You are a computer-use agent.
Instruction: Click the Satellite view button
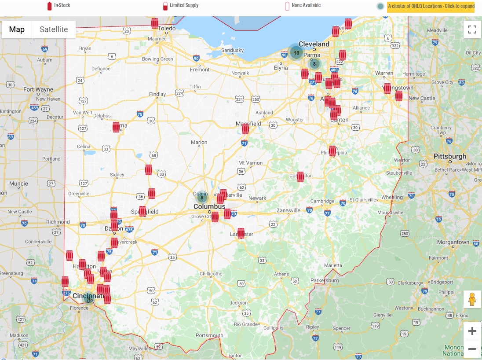click(54, 29)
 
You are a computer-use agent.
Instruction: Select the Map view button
click(17, 29)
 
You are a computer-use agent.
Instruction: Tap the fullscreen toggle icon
click(472, 29)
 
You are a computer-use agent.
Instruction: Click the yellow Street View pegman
click(472, 299)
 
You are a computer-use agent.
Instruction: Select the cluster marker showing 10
click(296, 53)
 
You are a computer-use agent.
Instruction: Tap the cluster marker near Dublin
click(202, 198)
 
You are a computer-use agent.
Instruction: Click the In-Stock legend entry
click(59, 6)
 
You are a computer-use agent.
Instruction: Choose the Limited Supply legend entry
click(181, 6)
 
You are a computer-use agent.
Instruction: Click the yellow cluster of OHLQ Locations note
click(431, 6)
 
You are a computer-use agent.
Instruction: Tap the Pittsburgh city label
click(450, 156)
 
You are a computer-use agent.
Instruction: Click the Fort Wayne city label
click(38, 89)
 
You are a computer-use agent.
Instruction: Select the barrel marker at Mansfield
click(245, 129)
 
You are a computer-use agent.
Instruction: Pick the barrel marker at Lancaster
click(241, 233)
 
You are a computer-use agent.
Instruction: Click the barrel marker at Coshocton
click(300, 176)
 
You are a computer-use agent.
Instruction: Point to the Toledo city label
click(167, 28)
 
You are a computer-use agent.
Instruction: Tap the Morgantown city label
click(453, 242)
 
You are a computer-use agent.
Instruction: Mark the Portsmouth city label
click(209, 335)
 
